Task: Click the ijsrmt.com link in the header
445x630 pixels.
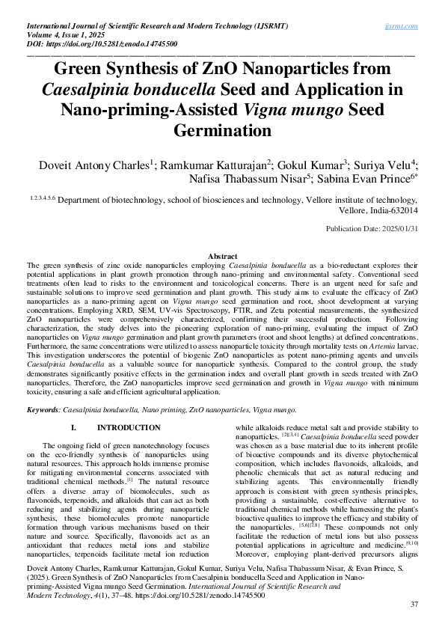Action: (x=402, y=25)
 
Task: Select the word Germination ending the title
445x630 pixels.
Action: (x=222, y=131)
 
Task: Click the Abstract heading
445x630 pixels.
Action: (x=222, y=257)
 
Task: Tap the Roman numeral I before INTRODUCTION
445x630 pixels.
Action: (x=73, y=427)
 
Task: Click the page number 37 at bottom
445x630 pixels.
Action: (x=413, y=604)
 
